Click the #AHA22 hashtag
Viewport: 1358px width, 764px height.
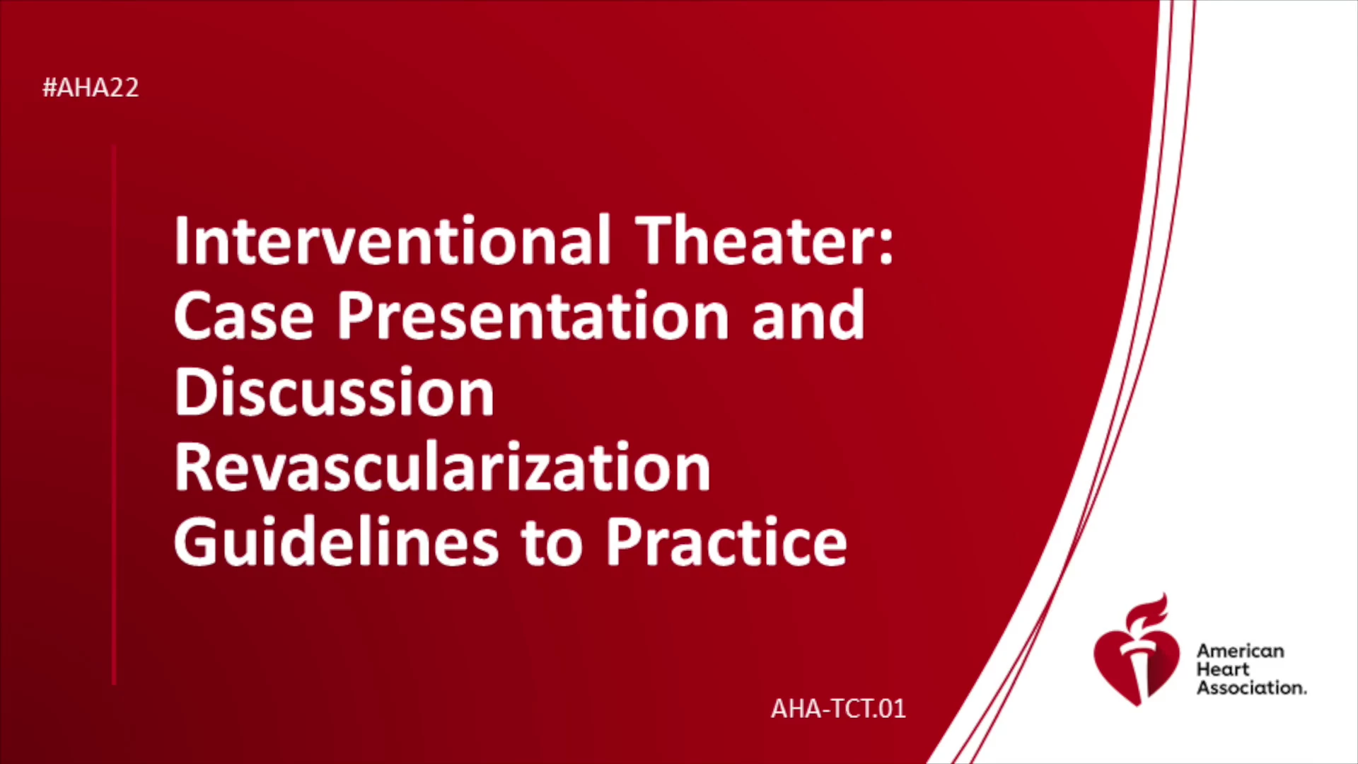pos(91,88)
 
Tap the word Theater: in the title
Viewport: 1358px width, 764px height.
pos(765,240)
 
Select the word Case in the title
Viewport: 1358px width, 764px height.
pos(243,316)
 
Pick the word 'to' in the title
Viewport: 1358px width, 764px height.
pos(552,544)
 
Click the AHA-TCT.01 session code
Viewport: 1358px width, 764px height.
pos(838,708)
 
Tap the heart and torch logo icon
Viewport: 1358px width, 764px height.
pos(1137,651)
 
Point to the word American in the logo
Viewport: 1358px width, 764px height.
pos(1240,651)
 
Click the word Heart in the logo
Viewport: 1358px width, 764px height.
pos(1223,669)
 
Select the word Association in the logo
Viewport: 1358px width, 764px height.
pos(1251,688)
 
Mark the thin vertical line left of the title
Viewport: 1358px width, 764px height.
pos(114,415)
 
